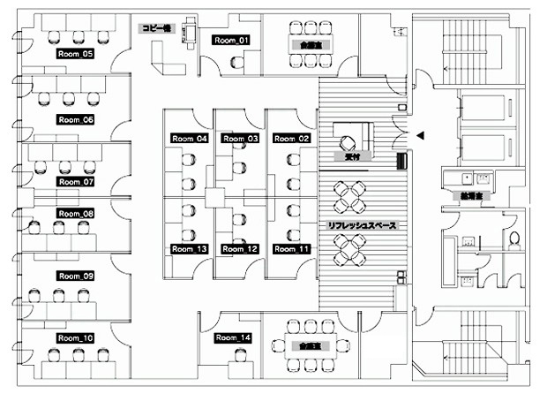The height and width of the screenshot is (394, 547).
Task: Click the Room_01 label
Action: point(231,40)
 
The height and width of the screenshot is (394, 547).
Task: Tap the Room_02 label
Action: point(290,139)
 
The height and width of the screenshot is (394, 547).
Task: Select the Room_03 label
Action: point(240,139)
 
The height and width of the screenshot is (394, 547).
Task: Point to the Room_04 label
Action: point(189,139)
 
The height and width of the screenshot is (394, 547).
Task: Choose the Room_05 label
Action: point(75,54)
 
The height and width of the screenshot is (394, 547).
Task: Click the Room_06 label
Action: point(75,118)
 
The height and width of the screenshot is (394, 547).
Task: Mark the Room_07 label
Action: point(75,182)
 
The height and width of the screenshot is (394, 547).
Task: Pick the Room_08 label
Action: point(75,214)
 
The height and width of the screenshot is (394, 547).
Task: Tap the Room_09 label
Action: point(75,277)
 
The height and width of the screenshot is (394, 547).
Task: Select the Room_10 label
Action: point(75,338)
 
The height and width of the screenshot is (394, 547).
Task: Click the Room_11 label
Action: point(290,250)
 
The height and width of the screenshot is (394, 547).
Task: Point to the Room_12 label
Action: point(240,250)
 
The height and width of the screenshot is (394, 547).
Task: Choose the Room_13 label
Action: point(189,250)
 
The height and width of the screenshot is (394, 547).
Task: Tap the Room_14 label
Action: point(233,338)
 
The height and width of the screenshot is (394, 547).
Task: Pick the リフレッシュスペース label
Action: point(362,226)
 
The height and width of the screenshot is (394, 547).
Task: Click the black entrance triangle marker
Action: point(421,135)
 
